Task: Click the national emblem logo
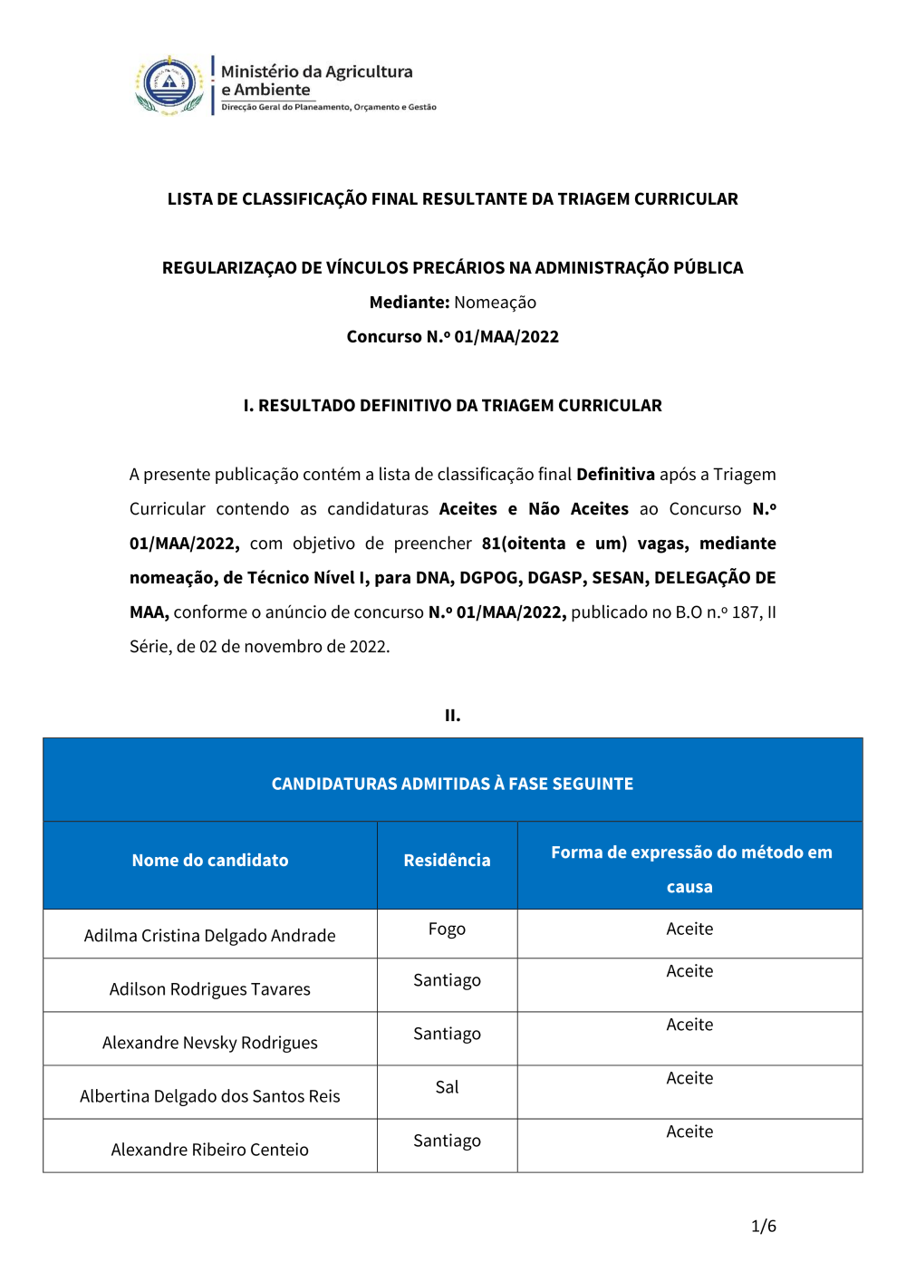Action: point(169,86)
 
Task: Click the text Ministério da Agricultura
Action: point(316,72)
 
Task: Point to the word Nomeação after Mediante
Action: point(495,303)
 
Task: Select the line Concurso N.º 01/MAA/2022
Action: point(452,337)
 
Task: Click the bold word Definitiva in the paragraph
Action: point(615,475)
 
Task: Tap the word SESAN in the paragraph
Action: point(618,578)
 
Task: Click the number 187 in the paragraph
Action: point(747,612)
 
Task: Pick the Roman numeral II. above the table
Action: point(452,716)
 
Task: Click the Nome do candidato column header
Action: point(210,861)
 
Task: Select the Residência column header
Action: point(447,861)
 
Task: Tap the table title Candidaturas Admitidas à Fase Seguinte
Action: point(452,784)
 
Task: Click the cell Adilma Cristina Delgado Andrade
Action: point(210,936)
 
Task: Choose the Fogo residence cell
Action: point(447,929)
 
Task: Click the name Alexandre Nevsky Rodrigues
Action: point(210,1043)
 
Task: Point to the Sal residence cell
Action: point(447,1087)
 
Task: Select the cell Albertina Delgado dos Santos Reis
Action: point(210,1096)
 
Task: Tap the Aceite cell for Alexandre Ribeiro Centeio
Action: point(689,1132)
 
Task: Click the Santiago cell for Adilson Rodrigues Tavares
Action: point(447,981)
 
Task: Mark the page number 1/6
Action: point(763,1227)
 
